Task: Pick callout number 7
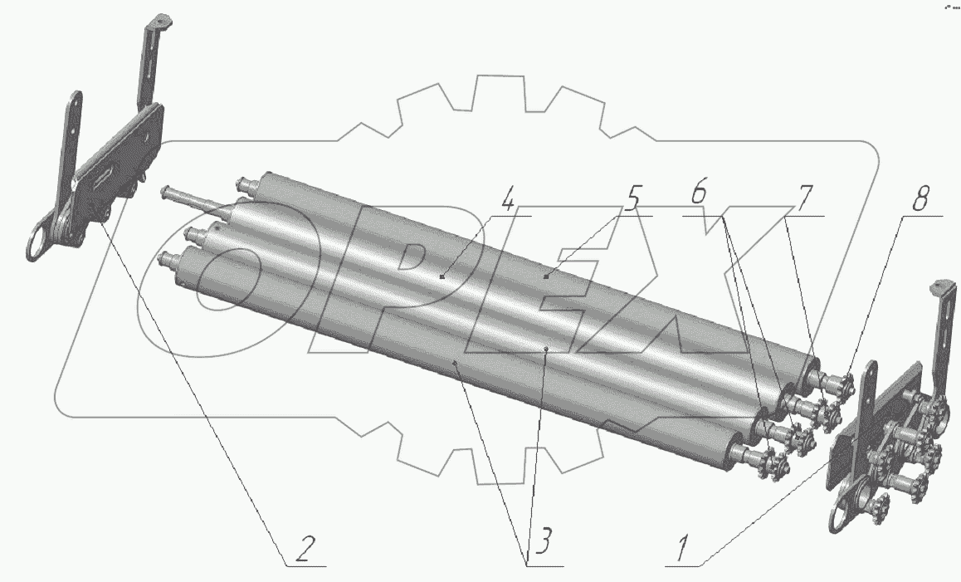[802, 198]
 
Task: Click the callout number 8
[920, 198]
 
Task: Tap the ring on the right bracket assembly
[846, 511]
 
